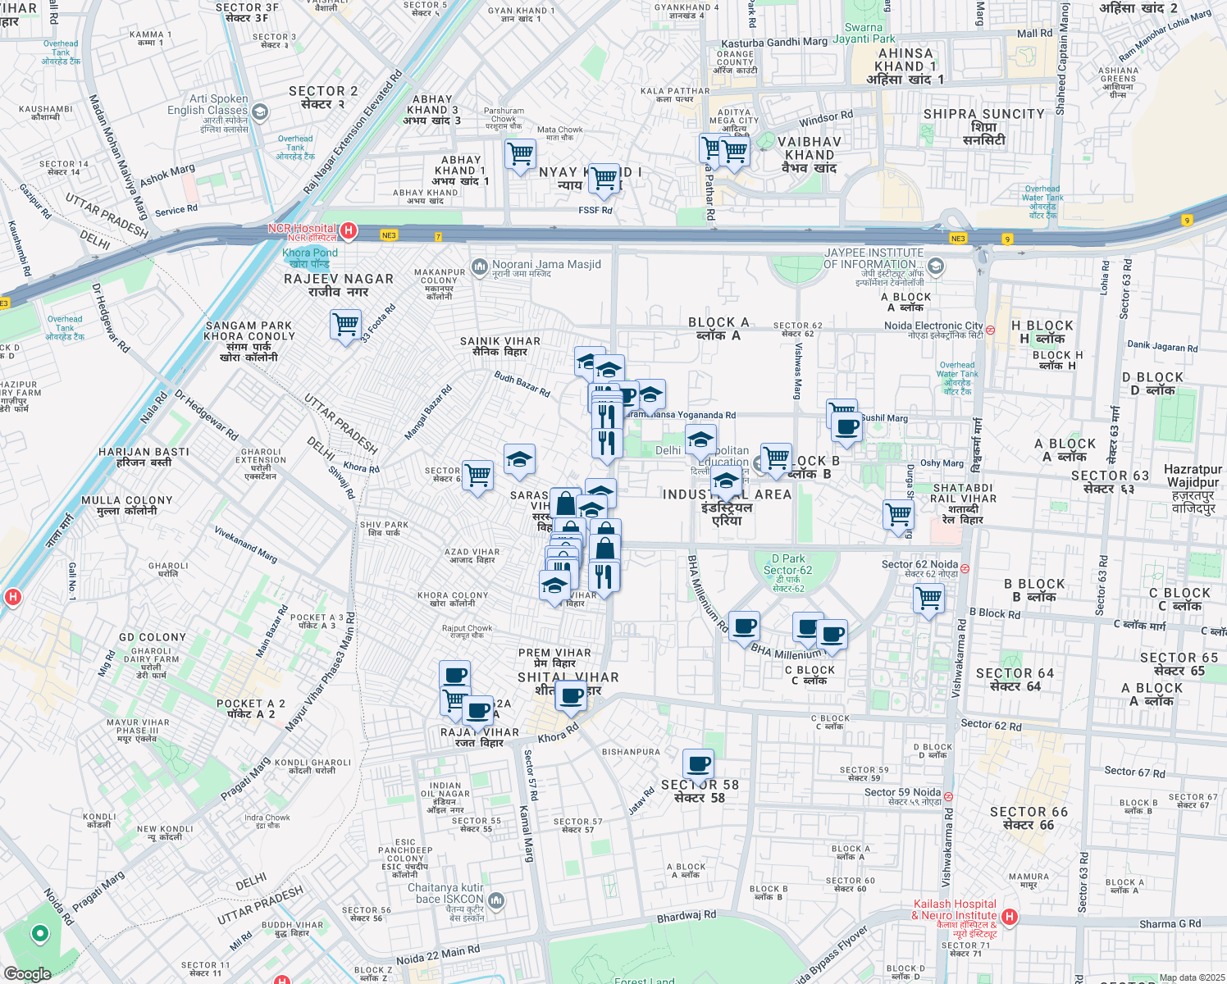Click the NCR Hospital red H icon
[x=349, y=230]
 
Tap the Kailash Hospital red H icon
[x=1010, y=917]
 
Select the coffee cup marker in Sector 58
[x=699, y=764]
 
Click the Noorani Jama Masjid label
[x=546, y=265]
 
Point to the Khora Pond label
[x=310, y=253]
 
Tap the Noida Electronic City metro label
[x=933, y=326]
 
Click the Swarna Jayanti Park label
[x=864, y=33]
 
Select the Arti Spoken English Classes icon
[x=260, y=111]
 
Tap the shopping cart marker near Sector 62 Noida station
[x=929, y=599]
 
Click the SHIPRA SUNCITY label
[x=983, y=114]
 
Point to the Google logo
[x=27, y=973]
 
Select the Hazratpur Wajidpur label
[x=1193, y=476]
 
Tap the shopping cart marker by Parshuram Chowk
[x=520, y=153]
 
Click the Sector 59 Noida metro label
[x=902, y=792]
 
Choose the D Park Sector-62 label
[x=787, y=564]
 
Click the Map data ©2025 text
[x=1191, y=977]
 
